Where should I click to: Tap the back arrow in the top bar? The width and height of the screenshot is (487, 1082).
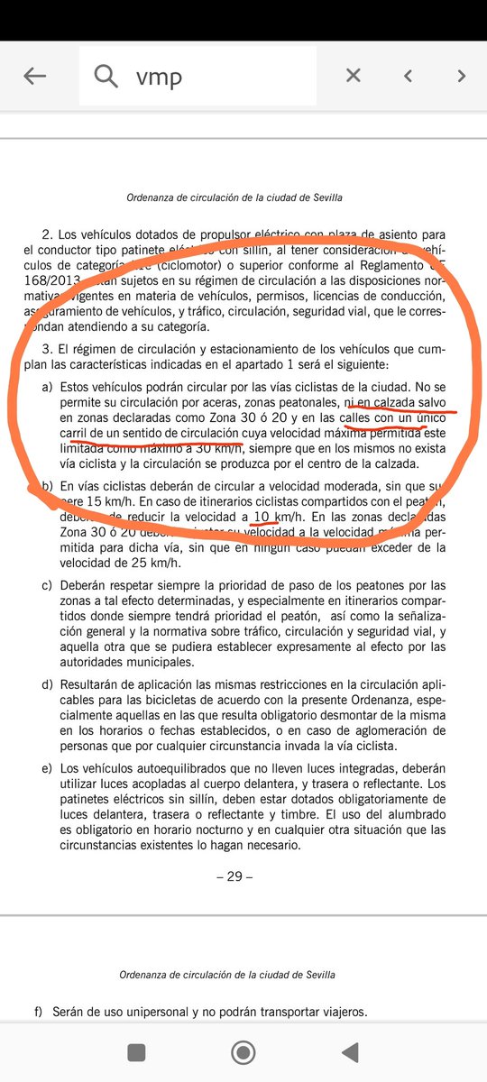(34, 77)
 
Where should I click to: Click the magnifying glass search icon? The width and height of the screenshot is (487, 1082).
(106, 77)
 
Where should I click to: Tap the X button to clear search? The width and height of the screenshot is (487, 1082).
(354, 77)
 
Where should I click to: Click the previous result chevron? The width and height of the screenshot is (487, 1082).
(408, 77)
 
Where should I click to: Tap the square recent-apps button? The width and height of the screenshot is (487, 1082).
(136, 1051)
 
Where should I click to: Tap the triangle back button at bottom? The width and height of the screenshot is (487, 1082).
(349, 1051)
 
